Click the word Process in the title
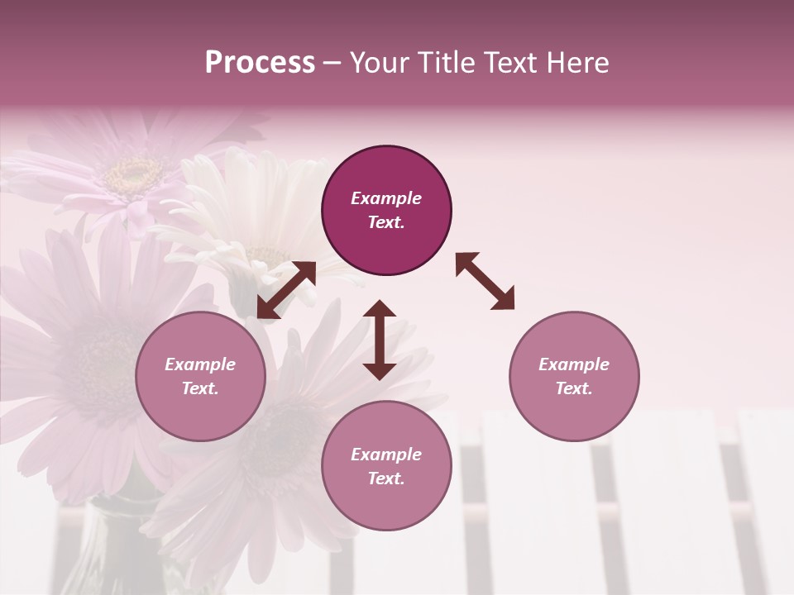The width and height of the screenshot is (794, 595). pyautogui.click(x=260, y=63)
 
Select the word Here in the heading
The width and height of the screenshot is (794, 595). pyautogui.click(x=577, y=63)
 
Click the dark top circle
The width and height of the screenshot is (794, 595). pyautogui.click(x=386, y=211)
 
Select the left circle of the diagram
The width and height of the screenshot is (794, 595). pyautogui.click(x=200, y=376)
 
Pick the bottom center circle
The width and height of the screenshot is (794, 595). pyautogui.click(x=386, y=465)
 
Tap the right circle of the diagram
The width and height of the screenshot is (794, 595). pyautogui.click(x=574, y=376)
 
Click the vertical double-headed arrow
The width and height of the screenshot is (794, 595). pyautogui.click(x=380, y=340)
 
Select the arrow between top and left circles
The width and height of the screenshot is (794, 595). pyautogui.click(x=286, y=290)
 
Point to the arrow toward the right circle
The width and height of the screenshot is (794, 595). pyautogui.click(x=485, y=281)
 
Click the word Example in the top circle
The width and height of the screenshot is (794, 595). pyautogui.click(x=386, y=198)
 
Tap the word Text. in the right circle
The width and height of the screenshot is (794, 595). pyautogui.click(x=574, y=388)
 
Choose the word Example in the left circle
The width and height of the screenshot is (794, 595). pyautogui.click(x=200, y=364)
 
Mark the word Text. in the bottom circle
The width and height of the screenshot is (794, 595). pyautogui.click(x=386, y=478)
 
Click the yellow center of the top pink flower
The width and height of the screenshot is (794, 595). pyautogui.click(x=134, y=173)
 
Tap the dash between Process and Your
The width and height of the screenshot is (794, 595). pyautogui.click(x=332, y=63)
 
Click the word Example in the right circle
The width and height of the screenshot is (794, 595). pyautogui.click(x=574, y=364)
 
